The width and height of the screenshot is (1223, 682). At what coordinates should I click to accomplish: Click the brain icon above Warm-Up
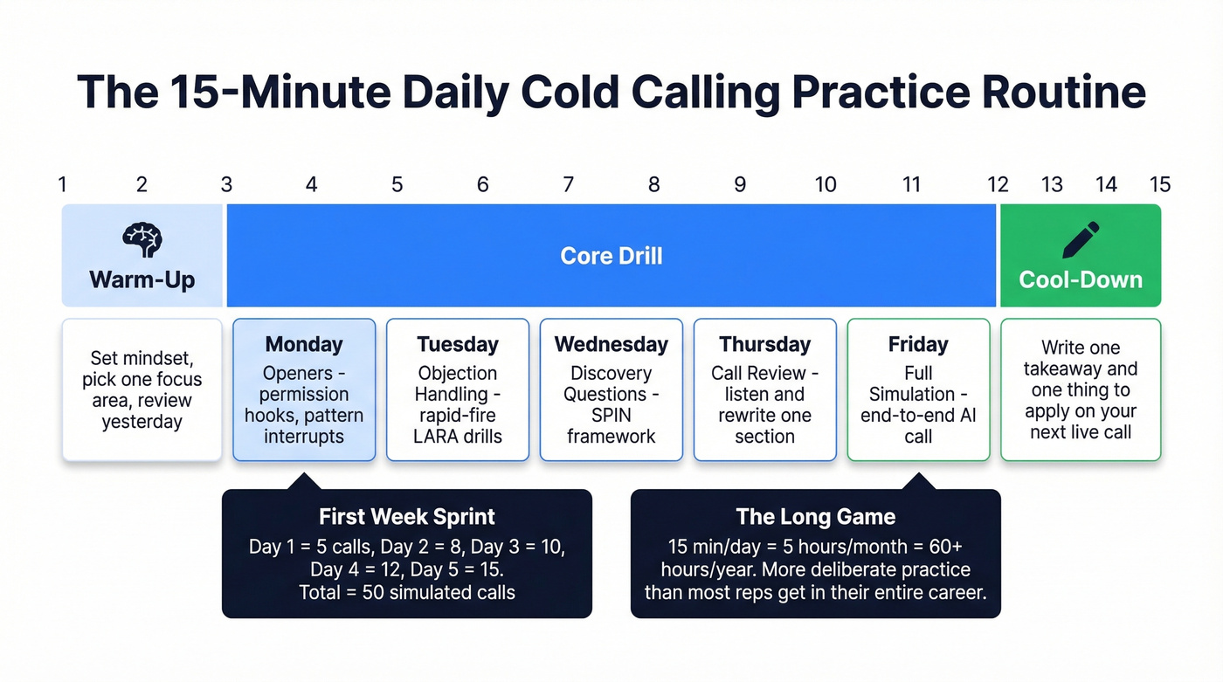pos(142,238)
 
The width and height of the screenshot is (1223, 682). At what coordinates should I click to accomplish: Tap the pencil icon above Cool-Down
pos(1081,239)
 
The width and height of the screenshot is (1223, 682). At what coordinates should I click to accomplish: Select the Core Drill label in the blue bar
pos(611,256)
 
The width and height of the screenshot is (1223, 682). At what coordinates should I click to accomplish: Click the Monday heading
pos(304,344)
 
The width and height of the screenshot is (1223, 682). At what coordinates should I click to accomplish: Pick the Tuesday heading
pos(457,344)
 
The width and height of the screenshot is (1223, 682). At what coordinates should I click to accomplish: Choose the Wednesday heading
pos(611,344)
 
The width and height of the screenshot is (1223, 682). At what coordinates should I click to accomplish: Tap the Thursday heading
pos(764,344)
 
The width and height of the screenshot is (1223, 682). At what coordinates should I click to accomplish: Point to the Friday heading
pos(918,344)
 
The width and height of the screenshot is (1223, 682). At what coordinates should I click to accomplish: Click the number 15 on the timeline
pos(1159,184)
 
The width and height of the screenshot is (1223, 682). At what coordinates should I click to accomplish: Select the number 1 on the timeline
pos(62,184)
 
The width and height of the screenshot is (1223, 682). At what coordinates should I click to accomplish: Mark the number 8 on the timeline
pos(653,184)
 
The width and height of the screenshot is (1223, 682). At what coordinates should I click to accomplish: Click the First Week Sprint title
pos(406,516)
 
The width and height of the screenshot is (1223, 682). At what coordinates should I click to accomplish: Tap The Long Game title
pos(815,516)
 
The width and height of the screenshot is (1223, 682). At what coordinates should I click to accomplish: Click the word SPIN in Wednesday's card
pos(611,415)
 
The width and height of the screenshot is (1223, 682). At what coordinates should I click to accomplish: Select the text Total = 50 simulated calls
pos(406,592)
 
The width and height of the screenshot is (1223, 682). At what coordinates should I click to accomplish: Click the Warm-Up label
pos(142,280)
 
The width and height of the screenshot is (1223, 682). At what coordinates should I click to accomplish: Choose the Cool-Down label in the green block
pos(1081,280)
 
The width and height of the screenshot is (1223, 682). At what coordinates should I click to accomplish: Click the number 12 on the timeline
pos(997,184)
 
